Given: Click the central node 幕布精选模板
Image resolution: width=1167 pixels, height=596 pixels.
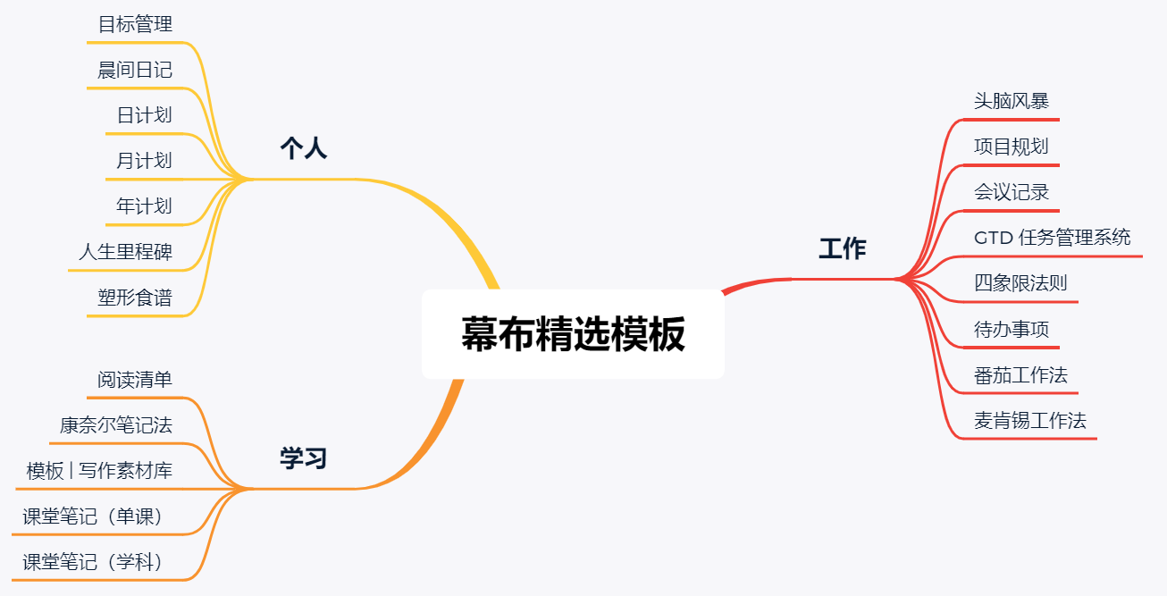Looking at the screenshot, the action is click(x=573, y=334).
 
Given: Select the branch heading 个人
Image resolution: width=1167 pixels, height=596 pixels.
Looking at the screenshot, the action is click(x=304, y=148).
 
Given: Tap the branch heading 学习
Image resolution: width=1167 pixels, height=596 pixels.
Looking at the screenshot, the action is click(x=303, y=457).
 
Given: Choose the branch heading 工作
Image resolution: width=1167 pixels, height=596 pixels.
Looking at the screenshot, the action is click(x=843, y=248).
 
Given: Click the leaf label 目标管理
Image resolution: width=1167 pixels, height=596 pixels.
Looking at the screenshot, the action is click(x=135, y=24).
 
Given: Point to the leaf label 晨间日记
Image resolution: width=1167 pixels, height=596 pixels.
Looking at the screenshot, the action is click(x=135, y=70).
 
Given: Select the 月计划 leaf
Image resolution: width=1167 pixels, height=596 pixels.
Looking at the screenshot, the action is click(x=145, y=161).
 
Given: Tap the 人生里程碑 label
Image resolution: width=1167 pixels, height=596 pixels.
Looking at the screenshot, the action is click(x=126, y=252).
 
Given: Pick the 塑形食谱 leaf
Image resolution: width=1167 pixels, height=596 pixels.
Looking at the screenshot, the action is click(x=135, y=298).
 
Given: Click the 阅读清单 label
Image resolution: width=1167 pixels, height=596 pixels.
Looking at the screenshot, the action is click(x=135, y=379).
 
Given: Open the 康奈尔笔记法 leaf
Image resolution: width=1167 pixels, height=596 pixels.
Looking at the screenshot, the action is click(x=116, y=425).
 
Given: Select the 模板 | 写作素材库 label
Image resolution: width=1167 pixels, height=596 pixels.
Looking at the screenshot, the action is click(x=99, y=470).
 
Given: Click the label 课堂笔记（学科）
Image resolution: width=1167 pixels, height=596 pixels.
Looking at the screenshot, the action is click(x=92, y=562).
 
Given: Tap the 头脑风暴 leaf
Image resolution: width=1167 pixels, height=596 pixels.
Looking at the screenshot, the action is click(x=1012, y=101).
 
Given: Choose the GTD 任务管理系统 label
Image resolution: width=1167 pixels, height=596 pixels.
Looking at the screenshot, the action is click(x=1053, y=238).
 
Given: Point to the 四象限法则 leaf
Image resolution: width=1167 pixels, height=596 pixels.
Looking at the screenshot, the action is click(x=1020, y=283).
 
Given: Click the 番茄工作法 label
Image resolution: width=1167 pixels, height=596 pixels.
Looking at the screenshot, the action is click(x=1020, y=375).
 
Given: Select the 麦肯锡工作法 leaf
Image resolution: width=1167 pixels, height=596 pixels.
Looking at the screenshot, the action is click(x=1030, y=421).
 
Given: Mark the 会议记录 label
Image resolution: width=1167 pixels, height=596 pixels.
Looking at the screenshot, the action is click(x=1012, y=192).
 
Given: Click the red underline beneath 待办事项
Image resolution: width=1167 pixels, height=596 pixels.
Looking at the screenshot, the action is click(x=1012, y=348).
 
